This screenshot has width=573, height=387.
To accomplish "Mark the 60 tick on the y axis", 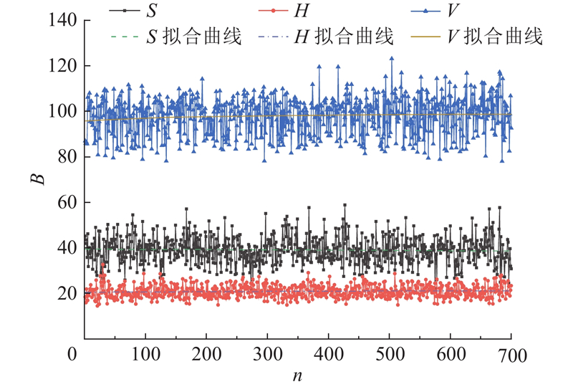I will pyautogui.click(x=65, y=203).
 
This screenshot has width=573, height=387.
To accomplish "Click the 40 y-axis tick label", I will pyautogui.click(x=65, y=248).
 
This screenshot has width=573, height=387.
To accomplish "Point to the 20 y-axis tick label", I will pyautogui.click(x=65, y=294).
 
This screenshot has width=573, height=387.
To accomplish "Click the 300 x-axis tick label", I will pyautogui.click(x=266, y=355).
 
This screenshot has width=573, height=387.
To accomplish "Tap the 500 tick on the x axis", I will pyautogui.click(x=388, y=355).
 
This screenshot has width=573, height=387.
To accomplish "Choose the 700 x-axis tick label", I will pyautogui.click(x=509, y=355).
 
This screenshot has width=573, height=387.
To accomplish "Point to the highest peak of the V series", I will pyautogui.click(x=392, y=58).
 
